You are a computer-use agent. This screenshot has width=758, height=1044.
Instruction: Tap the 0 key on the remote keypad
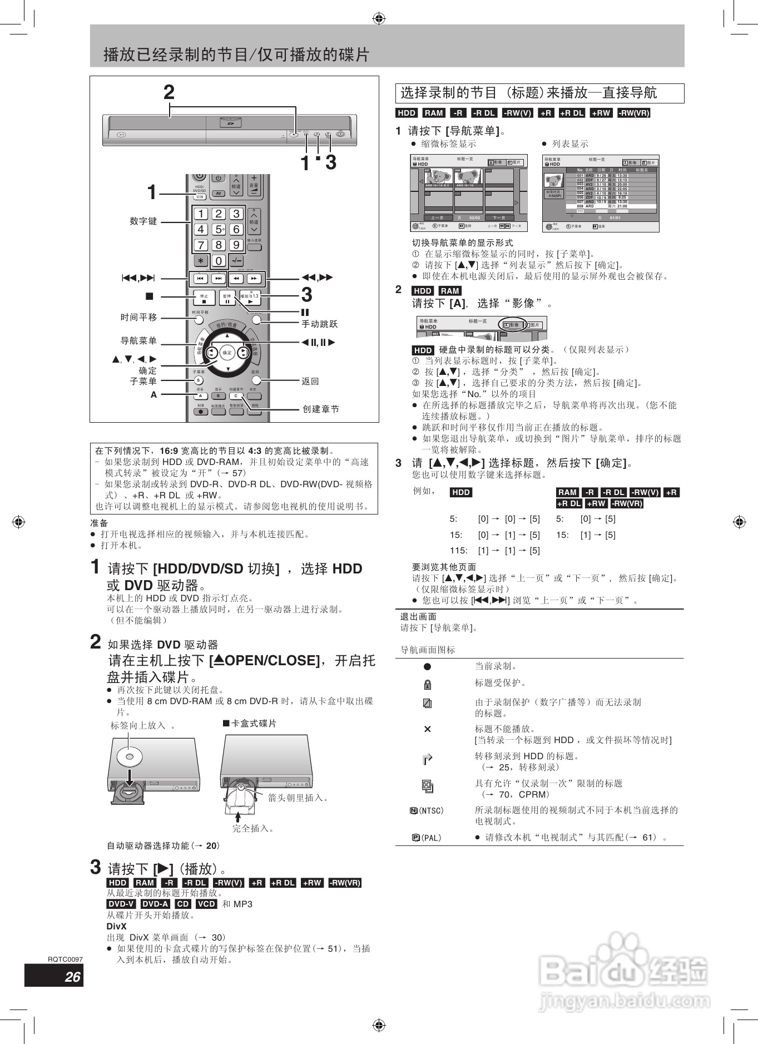(x=219, y=260)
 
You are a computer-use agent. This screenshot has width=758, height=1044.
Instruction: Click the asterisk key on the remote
(x=201, y=260)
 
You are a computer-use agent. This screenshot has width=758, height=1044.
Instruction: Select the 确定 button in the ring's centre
(x=227, y=353)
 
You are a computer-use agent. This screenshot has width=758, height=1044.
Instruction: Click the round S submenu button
(x=199, y=380)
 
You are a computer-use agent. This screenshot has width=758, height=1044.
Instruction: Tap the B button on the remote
(x=218, y=396)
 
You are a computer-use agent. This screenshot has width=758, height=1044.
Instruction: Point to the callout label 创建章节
(x=320, y=409)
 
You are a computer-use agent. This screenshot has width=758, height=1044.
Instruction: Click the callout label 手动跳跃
(x=319, y=324)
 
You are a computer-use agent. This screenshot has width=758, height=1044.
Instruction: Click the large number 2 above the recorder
(x=169, y=92)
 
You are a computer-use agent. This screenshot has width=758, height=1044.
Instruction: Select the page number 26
(x=72, y=977)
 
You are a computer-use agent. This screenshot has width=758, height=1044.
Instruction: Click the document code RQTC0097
(x=65, y=959)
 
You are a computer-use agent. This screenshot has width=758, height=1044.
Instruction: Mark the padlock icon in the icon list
(x=427, y=684)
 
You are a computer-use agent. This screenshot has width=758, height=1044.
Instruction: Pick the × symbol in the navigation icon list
(x=427, y=729)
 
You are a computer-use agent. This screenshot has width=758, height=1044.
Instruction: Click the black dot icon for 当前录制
(x=427, y=666)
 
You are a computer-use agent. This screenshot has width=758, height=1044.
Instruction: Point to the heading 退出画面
(x=418, y=616)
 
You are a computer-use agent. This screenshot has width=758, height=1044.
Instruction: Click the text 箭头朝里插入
(x=298, y=798)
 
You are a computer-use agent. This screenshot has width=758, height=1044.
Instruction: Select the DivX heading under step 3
(x=116, y=926)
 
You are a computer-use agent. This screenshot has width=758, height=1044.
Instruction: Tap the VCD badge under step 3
(x=206, y=904)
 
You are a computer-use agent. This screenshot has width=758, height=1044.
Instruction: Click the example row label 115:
(x=458, y=551)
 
